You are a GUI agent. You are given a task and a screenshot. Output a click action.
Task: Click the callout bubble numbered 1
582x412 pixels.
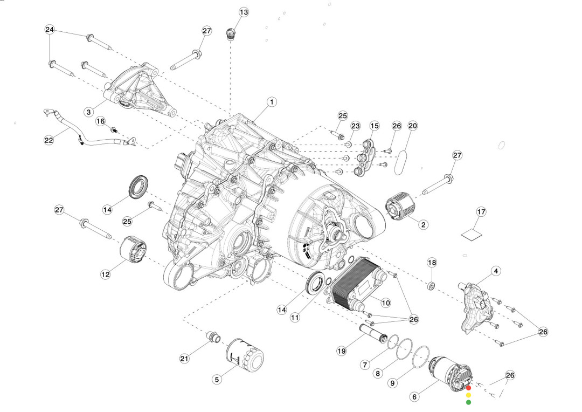272,102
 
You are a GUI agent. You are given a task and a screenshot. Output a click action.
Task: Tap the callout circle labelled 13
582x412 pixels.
244,12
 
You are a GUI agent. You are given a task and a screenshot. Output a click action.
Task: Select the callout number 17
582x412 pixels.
481,212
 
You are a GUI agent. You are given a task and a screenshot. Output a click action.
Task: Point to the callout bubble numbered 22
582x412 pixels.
48,140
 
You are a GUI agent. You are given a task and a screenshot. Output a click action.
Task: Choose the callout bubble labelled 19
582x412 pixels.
341,351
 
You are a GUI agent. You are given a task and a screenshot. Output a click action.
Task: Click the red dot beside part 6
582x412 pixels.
468,388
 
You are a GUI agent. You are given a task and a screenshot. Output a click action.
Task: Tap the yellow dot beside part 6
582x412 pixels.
468,395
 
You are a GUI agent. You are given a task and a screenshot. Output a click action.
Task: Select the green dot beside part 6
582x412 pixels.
468,402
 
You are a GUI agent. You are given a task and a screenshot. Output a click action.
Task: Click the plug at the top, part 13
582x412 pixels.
231,35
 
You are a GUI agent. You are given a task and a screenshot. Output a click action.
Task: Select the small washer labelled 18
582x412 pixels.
432,285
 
